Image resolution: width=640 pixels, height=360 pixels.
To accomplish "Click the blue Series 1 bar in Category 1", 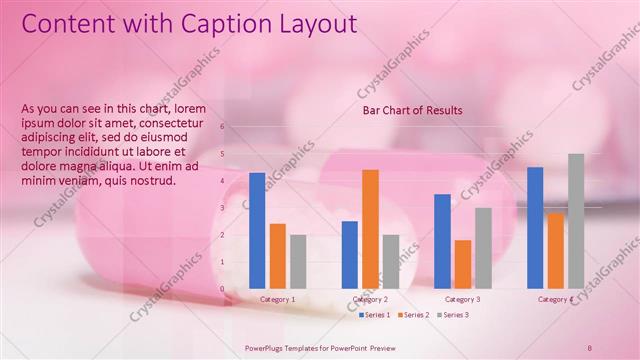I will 257,230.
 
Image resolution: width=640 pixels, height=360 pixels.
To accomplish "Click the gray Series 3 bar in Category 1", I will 298,261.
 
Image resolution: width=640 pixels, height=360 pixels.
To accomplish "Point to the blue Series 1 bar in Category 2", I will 350,254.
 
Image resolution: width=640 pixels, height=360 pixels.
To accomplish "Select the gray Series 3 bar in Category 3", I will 483,247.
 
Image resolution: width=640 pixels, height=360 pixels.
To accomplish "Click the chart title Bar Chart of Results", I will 412,111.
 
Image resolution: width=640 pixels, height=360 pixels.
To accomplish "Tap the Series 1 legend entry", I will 376,315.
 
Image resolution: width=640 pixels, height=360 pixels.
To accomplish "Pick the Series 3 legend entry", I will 455,315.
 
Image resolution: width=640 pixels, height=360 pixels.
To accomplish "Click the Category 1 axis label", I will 277,299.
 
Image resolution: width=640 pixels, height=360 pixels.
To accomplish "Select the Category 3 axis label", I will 462,299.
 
